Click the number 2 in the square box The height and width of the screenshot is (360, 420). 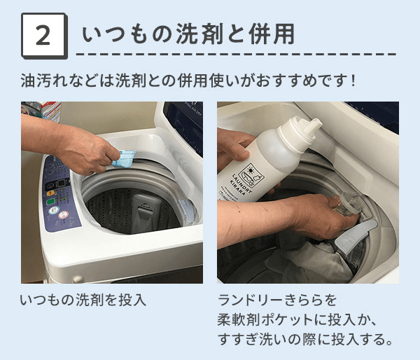coord(43,36)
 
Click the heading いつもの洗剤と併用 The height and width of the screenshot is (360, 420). coord(188,34)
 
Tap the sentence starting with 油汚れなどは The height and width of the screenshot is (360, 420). coord(188,81)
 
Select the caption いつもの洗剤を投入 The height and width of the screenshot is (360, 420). coord(83,300)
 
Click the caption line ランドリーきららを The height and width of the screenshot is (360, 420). coord(277,300)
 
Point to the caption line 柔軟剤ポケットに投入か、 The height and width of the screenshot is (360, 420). coord(297,319)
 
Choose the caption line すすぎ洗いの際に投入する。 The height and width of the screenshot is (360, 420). coord(305,340)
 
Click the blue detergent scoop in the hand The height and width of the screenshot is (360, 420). coord(124,158)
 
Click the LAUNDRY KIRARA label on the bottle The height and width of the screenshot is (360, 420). coord(241,184)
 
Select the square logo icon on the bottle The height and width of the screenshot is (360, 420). coord(251,176)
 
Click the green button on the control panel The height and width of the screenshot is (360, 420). coord(50,202)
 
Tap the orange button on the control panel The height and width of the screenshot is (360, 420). coord(50,193)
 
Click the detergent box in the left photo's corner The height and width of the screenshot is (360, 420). coord(42,110)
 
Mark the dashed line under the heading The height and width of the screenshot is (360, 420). coord(236,54)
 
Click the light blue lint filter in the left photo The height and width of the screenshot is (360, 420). coord(187,211)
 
